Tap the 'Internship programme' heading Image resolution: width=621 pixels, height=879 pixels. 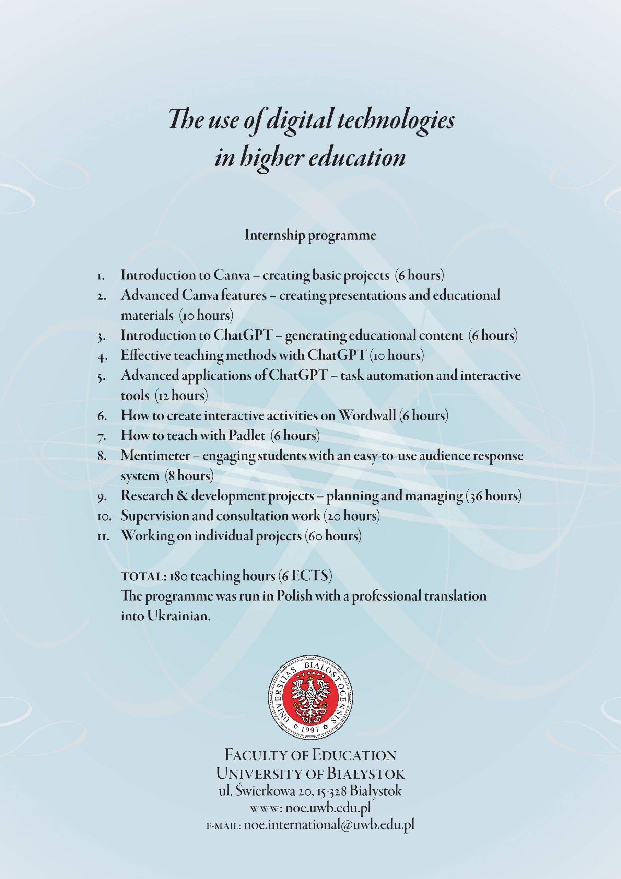pos(310,235)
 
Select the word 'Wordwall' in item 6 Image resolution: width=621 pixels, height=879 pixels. pos(367,415)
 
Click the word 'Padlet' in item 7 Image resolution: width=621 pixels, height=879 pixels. pos(247,435)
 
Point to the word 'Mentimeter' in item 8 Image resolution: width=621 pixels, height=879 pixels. pos(155,456)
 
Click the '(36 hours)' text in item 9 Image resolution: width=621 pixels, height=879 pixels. pos(493,496)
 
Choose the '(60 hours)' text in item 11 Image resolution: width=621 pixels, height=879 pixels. pos(333,536)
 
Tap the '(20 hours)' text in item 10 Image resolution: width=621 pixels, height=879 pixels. pos(352,516)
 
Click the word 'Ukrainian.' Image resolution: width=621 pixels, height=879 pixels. pos(179,616)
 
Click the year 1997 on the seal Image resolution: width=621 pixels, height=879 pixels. pos(310,729)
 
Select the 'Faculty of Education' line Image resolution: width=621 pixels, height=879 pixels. pos(310,755)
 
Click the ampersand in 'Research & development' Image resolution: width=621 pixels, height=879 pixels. pos(182,496)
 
